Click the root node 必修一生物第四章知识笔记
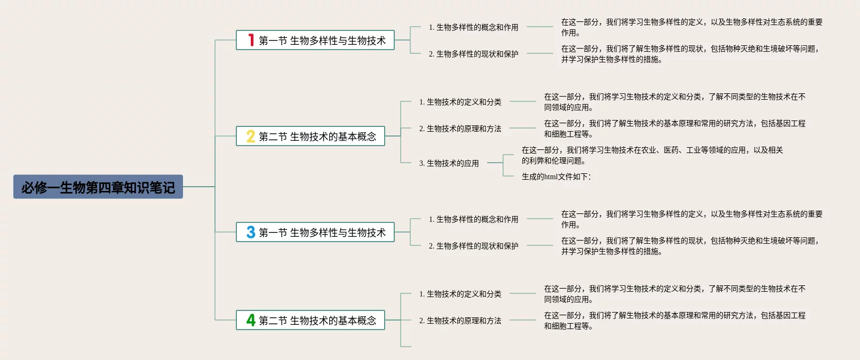pyautogui.click(x=98, y=187)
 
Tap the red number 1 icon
pyautogui.click(x=251, y=40)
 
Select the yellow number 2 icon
pyautogui.click(x=251, y=137)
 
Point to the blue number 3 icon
pyautogui.click(x=251, y=232)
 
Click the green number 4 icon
pyautogui.click(x=251, y=320)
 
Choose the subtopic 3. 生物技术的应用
pyautogui.click(x=449, y=163)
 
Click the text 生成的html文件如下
pyautogui.click(x=556, y=177)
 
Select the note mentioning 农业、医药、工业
pyautogui.click(x=652, y=155)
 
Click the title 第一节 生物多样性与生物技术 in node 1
pyautogui.click(x=322, y=41)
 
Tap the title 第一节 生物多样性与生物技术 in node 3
pyautogui.click(x=322, y=233)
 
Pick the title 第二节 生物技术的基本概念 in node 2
pyautogui.click(x=317, y=137)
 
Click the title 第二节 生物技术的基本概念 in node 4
pyautogui.click(x=317, y=321)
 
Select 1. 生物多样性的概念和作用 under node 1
pyautogui.click(x=474, y=27)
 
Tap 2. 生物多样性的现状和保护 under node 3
pyautogui.click(x=474, y=246)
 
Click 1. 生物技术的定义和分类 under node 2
pyautogui.click(x=460, y=102)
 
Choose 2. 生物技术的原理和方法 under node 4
pyautogui.click(x=460, y=321)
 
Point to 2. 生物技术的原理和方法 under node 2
pyautogui.click(x=460, y=129)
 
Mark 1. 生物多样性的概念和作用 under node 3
pyautogui.click(x=474, y=219)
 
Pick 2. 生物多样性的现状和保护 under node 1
pyautogui.click(x=474, y=54)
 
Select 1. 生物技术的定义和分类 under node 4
pyautogui.click(x=460, y=294)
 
